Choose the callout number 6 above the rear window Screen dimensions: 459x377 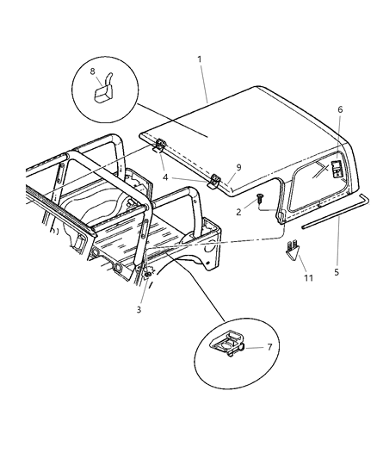click(x=340, y=109)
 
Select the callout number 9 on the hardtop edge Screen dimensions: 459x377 click(x=238, y=167)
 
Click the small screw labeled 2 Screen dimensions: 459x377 click(x=258, y=201)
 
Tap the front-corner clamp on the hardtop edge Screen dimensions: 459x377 click(x=160, y=149)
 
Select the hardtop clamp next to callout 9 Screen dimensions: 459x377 click(x=217, y=181)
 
